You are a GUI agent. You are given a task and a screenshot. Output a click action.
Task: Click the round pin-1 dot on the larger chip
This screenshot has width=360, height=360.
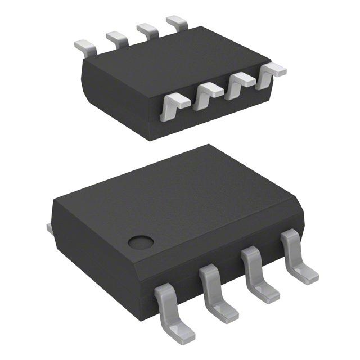[141, 242]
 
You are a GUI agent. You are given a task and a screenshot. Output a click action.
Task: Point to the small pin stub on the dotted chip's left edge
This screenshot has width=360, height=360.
[48, 227]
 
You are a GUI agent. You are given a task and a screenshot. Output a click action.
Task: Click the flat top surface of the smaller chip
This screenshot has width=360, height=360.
[169, 65]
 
